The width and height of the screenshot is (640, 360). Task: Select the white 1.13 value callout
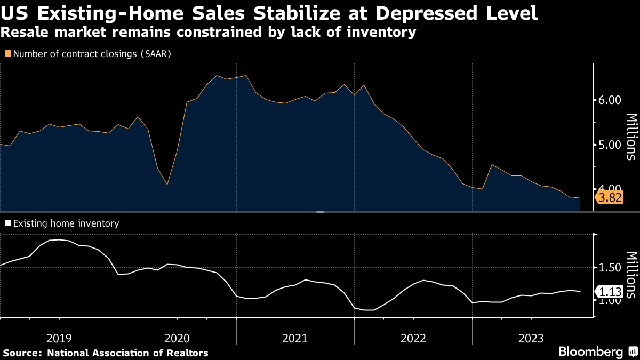click(610, 292)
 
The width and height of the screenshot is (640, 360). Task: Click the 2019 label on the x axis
click(59, 338)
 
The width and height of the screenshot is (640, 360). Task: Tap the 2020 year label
click(177, 338)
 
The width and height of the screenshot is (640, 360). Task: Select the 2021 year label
click(295, 338)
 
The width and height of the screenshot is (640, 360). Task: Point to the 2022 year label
click(413, 338)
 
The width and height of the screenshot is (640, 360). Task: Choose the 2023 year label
click(531, 338)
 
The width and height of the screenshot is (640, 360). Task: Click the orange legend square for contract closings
click(7, 54)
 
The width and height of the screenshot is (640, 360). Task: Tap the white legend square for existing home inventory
click(7, 223)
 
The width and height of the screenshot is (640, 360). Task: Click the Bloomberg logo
click(597, 351)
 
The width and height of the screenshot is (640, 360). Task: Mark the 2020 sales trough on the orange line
click(167, 185)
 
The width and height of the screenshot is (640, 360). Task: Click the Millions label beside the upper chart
click(630, 137)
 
